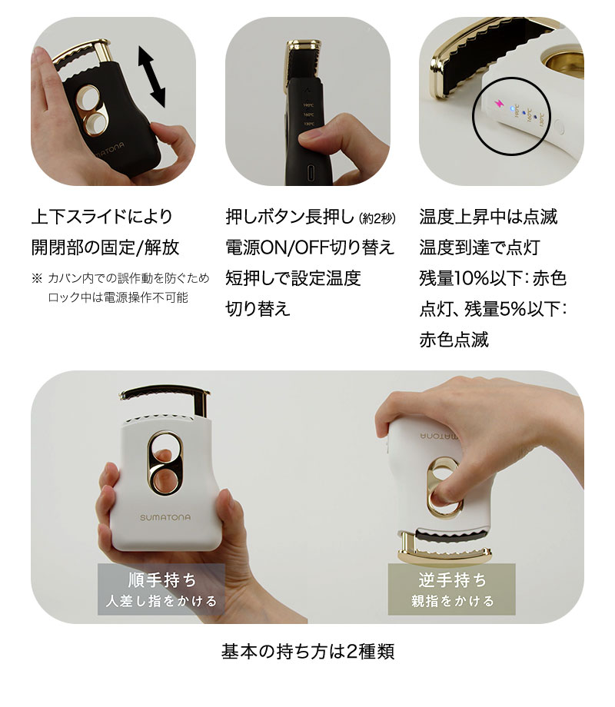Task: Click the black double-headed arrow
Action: click(x=151, y=76)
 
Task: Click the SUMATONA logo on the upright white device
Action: click(x=165, y=517)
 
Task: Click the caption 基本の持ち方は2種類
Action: click(x=307, y=652)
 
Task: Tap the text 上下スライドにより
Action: click(x=102, y=217)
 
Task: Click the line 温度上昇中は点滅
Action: click(x=488, y=217)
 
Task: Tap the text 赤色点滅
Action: click(x=454, y=340)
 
